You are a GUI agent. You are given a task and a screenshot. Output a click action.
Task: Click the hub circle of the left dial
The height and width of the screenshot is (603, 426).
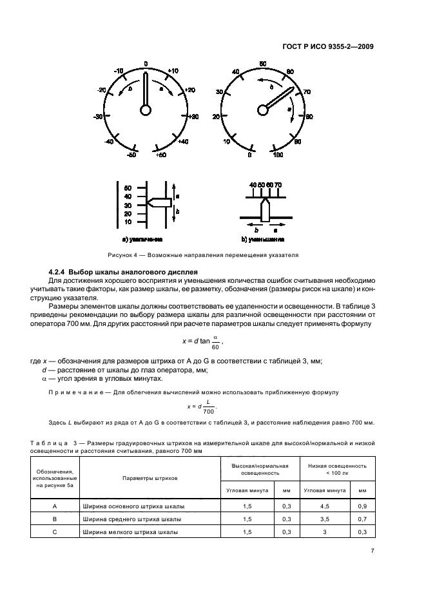coord(146,110)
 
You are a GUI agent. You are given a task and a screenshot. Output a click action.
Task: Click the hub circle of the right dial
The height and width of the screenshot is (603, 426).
coord(262,110)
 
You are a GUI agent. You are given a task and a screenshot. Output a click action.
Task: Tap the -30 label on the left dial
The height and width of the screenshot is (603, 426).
coord(99,117)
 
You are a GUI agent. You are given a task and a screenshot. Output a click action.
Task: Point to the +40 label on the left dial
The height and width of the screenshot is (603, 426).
coord(183,141)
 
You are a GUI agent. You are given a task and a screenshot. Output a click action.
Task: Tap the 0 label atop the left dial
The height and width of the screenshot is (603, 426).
coord(146,63)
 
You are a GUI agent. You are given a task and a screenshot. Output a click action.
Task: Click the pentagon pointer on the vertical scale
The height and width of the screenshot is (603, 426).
coord(159,202)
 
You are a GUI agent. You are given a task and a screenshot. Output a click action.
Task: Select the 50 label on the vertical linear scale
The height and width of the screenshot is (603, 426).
coord(128,187)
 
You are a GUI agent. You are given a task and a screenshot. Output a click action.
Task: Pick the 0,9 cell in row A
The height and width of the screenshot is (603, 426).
coord(362,506)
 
